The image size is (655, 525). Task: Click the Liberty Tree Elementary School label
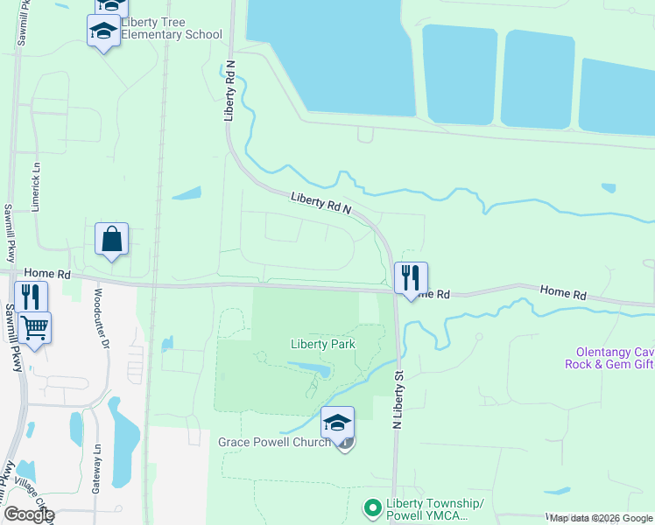tap(171, 28)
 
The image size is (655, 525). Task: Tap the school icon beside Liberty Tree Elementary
tap(104, 31)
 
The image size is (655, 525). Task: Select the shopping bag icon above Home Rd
tap(112, 239)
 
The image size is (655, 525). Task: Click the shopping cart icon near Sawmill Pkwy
tap(34, 329)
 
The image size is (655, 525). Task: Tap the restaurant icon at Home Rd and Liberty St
tap(411, 279)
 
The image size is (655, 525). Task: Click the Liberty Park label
tap(323, 344)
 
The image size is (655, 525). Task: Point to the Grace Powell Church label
tap(274, 442)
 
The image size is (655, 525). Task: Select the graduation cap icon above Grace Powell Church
tap(337, 423)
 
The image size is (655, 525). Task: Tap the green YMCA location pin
tap(372, 507)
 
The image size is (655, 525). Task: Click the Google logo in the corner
tap(28, 514)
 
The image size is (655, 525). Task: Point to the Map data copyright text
tap(601, 518)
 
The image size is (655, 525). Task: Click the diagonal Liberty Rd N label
tap(321, 203)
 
